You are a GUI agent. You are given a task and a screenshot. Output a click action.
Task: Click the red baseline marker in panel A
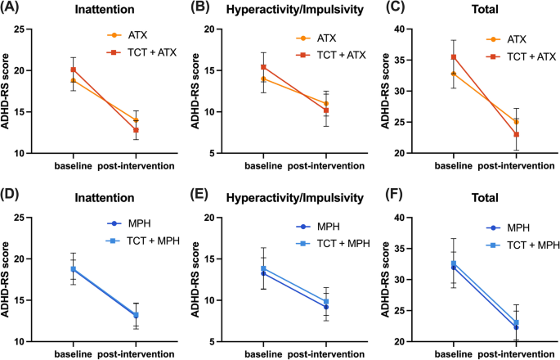[x=73, y=70]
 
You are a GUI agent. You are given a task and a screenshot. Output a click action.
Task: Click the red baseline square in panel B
[x=263, y=67]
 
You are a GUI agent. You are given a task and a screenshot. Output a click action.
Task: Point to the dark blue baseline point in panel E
[x=263, y=273]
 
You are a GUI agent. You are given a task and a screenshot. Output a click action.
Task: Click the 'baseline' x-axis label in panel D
[x=73, y=353]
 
